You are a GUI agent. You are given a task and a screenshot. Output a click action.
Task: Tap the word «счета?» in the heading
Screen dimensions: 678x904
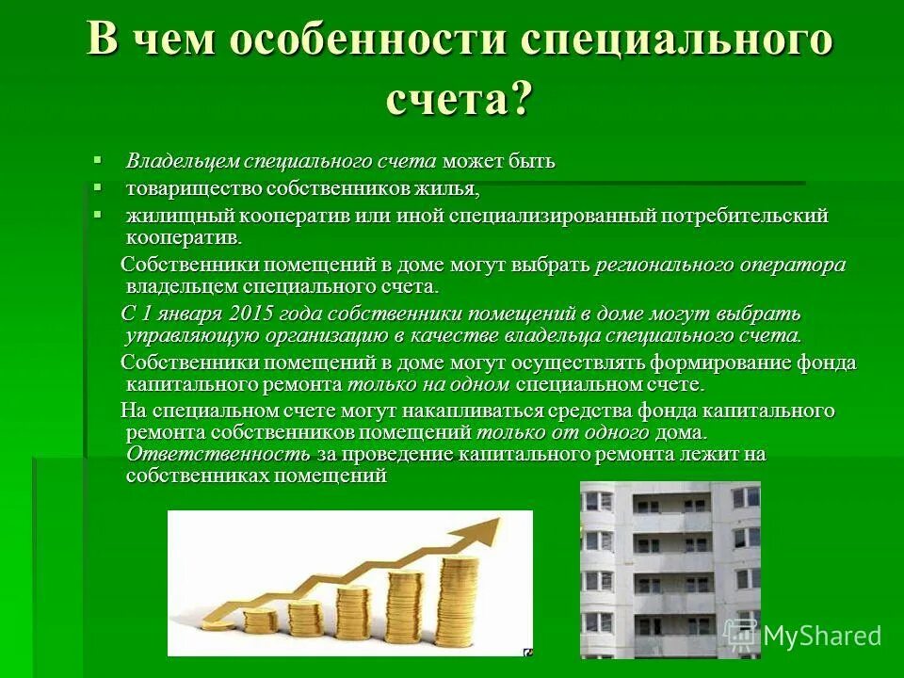(459, 96)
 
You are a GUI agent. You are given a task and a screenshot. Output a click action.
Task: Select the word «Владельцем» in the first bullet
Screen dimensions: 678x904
(182, 161)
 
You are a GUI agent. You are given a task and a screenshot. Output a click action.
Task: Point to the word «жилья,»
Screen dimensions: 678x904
(447, 188)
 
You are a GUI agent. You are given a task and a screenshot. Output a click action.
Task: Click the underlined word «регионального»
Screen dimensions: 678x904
(663, 266)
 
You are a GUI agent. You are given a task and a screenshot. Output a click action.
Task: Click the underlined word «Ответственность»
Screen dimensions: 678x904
(218, 454)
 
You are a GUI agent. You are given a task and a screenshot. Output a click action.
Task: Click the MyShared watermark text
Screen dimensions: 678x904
(821, 636)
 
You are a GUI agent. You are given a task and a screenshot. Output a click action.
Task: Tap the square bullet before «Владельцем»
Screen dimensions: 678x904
(96, 158)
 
